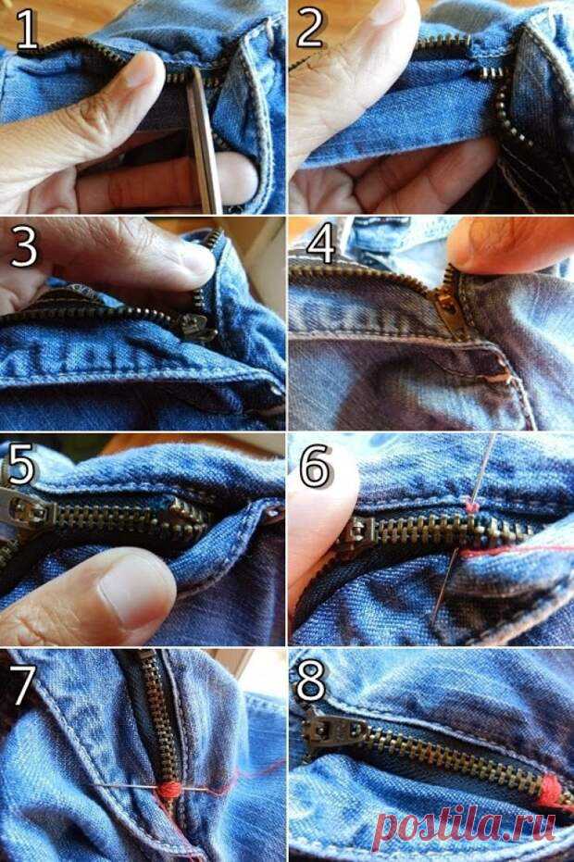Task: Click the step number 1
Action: pyautogui.click(x=27, y=31)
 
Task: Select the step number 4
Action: pyautogui.click(x=320, y=243)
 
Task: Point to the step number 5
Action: pyautogui.click(x=21, y=465)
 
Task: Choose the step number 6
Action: pyautogui.click(x=315, y=465)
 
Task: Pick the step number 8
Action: pyautogui.click(x=311, y=681)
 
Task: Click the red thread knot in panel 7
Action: pyautogui.click(x=168, y=791)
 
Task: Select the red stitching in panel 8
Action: pyautogui.click(x=552, y=793)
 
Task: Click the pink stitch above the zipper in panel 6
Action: pyautogui.click(x=470, y=506)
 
